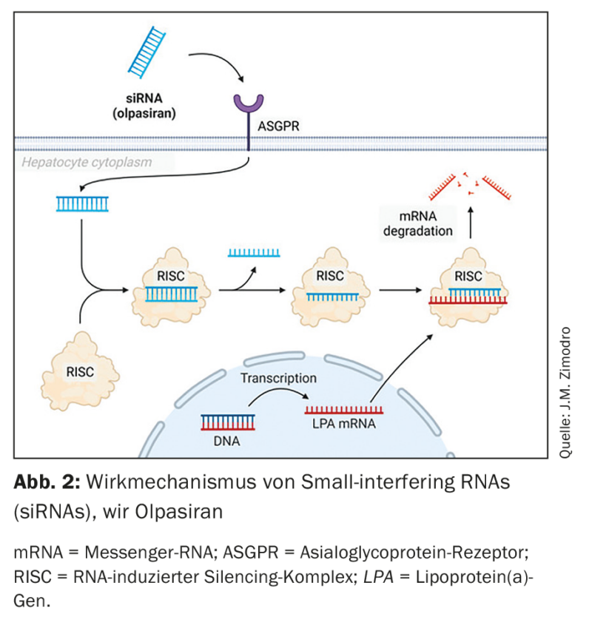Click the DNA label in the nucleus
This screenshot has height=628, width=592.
pyautogui.click(x=226, y=442)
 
